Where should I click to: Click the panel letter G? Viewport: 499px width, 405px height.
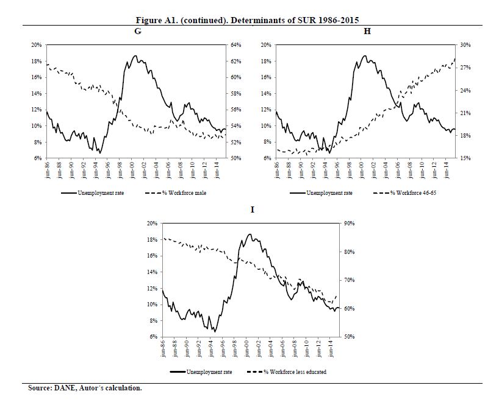(x=138, y=31)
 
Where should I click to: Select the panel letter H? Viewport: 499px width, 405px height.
(x=367, y=31)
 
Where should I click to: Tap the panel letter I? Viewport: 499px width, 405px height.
(x=253, y=210)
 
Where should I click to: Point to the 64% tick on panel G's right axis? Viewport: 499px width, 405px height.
(x=235, y=45)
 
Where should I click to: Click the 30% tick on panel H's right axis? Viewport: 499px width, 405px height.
(x=465, y=45)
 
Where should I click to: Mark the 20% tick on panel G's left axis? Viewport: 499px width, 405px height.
(x=36, y=45)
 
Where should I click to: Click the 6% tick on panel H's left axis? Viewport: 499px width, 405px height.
(x=267, y=158)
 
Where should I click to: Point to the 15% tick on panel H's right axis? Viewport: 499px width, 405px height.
(x=465, y=158)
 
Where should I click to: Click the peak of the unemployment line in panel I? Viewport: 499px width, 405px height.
(x=249, y=234)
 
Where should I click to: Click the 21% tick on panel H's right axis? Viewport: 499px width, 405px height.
(x=465, y=113)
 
